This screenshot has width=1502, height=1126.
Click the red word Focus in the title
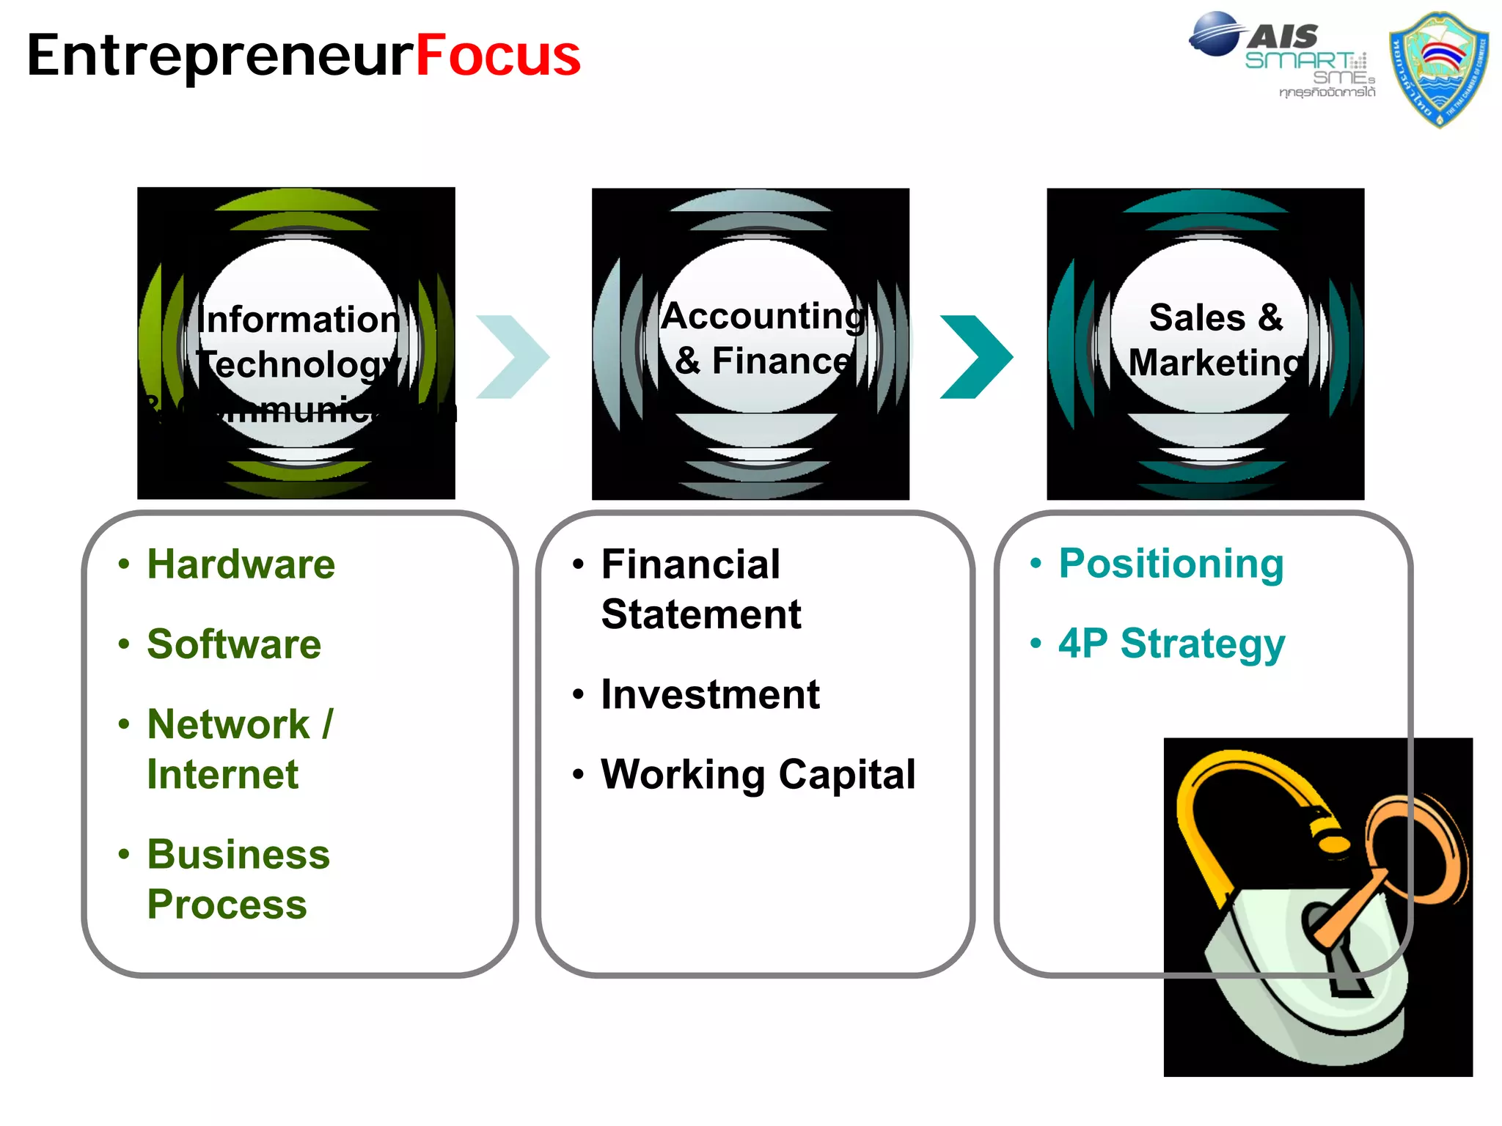tap(498, 56)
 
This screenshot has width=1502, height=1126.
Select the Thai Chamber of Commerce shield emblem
tap(1439, 70)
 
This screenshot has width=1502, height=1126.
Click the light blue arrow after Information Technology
tap(513, 357)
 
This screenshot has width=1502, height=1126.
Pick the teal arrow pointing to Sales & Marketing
tap(977, 357)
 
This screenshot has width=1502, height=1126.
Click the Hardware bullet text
tap(241, 564)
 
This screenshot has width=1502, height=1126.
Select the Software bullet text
tap(234, 644)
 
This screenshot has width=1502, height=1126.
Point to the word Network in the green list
tap(228, 724)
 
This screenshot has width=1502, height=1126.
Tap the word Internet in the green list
tap(222, 775)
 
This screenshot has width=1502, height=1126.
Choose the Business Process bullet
tap(238, 879)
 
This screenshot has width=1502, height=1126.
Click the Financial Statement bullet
tap(700, 589)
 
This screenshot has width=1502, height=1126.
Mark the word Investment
tap(710, 694)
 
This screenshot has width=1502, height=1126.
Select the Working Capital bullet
tap(758, 774)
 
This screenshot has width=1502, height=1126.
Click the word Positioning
tap(1171, 564)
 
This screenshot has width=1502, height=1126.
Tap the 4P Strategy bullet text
tap(1171, 644)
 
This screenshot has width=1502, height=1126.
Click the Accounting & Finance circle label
tap(763, 339)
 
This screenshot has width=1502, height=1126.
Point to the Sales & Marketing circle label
tap(1216, 340)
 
